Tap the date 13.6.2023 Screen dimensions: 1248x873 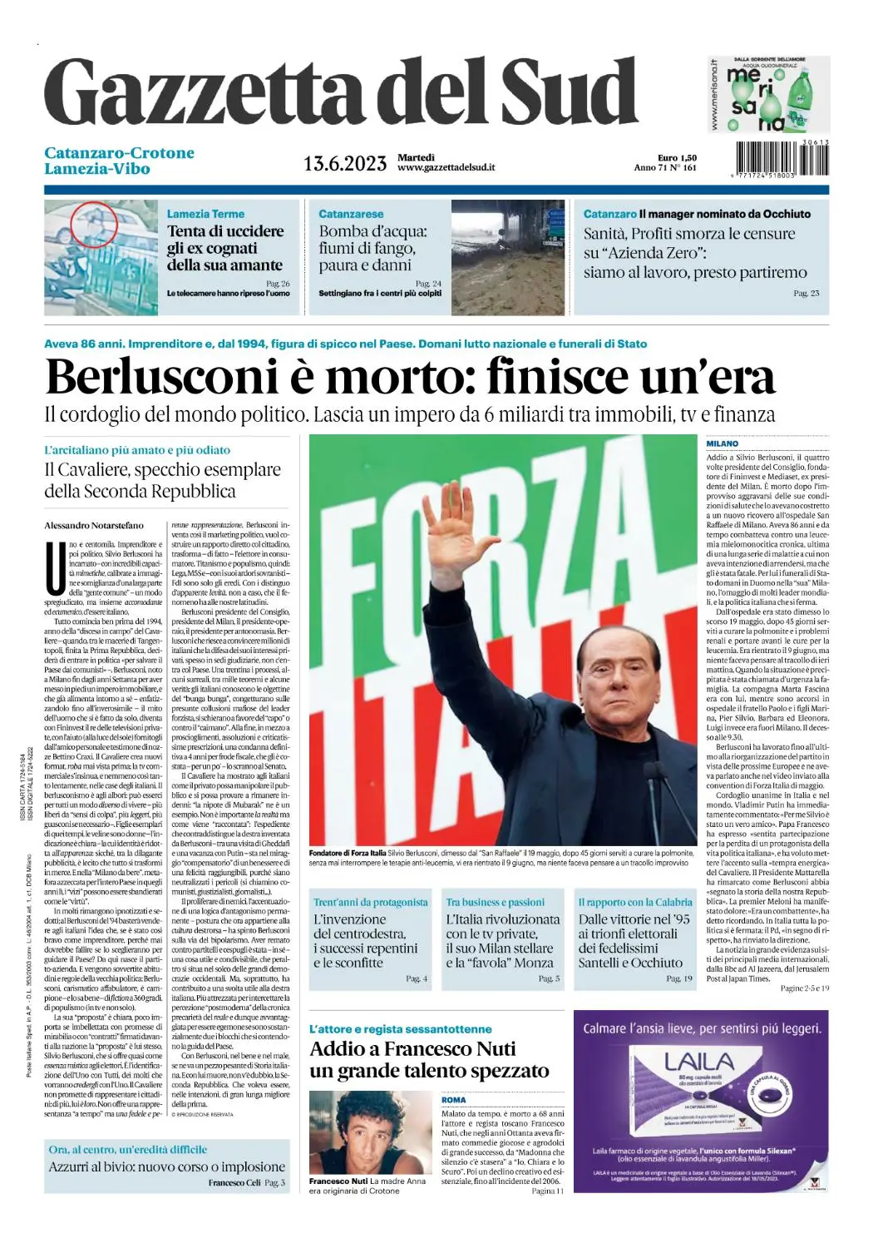345,163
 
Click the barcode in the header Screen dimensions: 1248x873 782,159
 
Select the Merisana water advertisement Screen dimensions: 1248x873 769,95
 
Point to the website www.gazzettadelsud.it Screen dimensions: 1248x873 446,167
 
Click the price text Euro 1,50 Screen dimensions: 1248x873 677,158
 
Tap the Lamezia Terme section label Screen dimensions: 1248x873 205,214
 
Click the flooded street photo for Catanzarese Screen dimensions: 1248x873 508,257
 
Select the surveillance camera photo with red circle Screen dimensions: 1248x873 101,257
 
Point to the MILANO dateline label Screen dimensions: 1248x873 723,444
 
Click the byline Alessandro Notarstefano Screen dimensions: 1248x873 94,525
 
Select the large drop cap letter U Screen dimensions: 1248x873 55,567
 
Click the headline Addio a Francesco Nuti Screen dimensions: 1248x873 412,1048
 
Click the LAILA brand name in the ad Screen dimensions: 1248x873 699,1062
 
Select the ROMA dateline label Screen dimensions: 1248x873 454,1100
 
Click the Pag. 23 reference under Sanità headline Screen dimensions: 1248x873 806,293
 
